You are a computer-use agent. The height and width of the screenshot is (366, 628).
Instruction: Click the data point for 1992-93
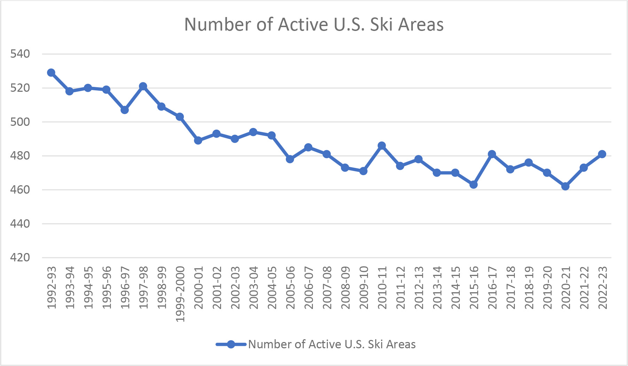[51, 73]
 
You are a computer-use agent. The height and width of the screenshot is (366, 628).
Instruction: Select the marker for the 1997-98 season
[143, 86]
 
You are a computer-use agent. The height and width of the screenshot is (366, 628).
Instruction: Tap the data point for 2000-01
[198, 140]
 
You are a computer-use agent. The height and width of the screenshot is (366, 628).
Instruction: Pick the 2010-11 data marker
[382, 146]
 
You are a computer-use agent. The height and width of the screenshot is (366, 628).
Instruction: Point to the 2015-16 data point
[473, 185]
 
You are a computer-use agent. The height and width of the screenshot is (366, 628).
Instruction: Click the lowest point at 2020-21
[565, 186]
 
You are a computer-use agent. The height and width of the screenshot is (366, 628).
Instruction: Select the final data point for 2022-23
[602, 154]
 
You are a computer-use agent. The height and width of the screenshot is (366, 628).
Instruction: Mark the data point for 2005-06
[290, 159]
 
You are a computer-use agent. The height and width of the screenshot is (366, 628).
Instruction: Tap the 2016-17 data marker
[492, 154]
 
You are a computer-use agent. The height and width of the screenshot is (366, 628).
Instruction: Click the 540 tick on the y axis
[20, 54]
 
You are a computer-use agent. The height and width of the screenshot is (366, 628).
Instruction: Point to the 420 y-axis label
[20, 258]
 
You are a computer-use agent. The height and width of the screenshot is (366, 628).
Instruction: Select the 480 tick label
[20, 156]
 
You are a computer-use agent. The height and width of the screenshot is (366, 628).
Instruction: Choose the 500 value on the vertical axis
[20, 122]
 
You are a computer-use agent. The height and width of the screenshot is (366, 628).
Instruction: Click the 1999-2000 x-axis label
[180, 294]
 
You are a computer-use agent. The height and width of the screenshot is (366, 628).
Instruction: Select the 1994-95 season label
[88, 287]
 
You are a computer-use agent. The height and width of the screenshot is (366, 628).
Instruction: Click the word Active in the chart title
[303, 25]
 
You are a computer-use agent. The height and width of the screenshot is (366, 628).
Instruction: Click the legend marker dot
[231, 344]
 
